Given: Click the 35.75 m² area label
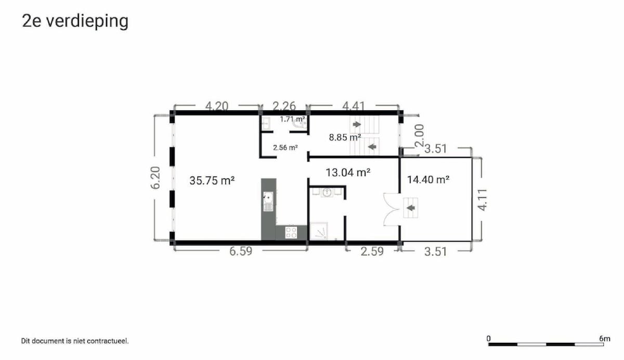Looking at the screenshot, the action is (x=212, y=181).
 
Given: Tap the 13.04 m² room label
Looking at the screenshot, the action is (x=348, y=173).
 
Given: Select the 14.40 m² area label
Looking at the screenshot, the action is (x=428, y=179).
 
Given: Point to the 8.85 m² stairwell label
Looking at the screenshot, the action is (x=345, y=137).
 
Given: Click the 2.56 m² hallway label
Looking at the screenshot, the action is (x=285, y=147).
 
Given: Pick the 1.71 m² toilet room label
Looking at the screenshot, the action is (x=292, y=119).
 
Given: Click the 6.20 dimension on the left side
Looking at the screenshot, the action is (x=155, y=178).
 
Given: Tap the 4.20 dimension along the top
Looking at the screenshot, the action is (x=217, y=106).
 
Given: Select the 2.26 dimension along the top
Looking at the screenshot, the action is (x=284, y=106).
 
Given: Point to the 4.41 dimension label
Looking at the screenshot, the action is (x=354, y=106).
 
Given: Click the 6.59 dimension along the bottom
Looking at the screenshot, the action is (x=241, y=251).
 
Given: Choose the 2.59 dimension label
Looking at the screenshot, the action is (x=372, y=251).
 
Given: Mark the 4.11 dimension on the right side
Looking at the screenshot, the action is (x=482, y=200).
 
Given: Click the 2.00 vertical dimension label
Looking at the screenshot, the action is (x=419, y=135).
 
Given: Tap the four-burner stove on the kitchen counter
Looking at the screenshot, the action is (x=291, y=233).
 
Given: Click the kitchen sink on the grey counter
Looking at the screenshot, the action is (x=268, y=201).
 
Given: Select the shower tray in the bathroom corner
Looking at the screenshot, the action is (x=319, y=230).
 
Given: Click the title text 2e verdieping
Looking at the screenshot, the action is (x=75, y=21).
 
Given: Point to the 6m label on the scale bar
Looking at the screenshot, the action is (x=605, y=339).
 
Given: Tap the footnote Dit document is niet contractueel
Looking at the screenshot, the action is (x=75, y=341).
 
